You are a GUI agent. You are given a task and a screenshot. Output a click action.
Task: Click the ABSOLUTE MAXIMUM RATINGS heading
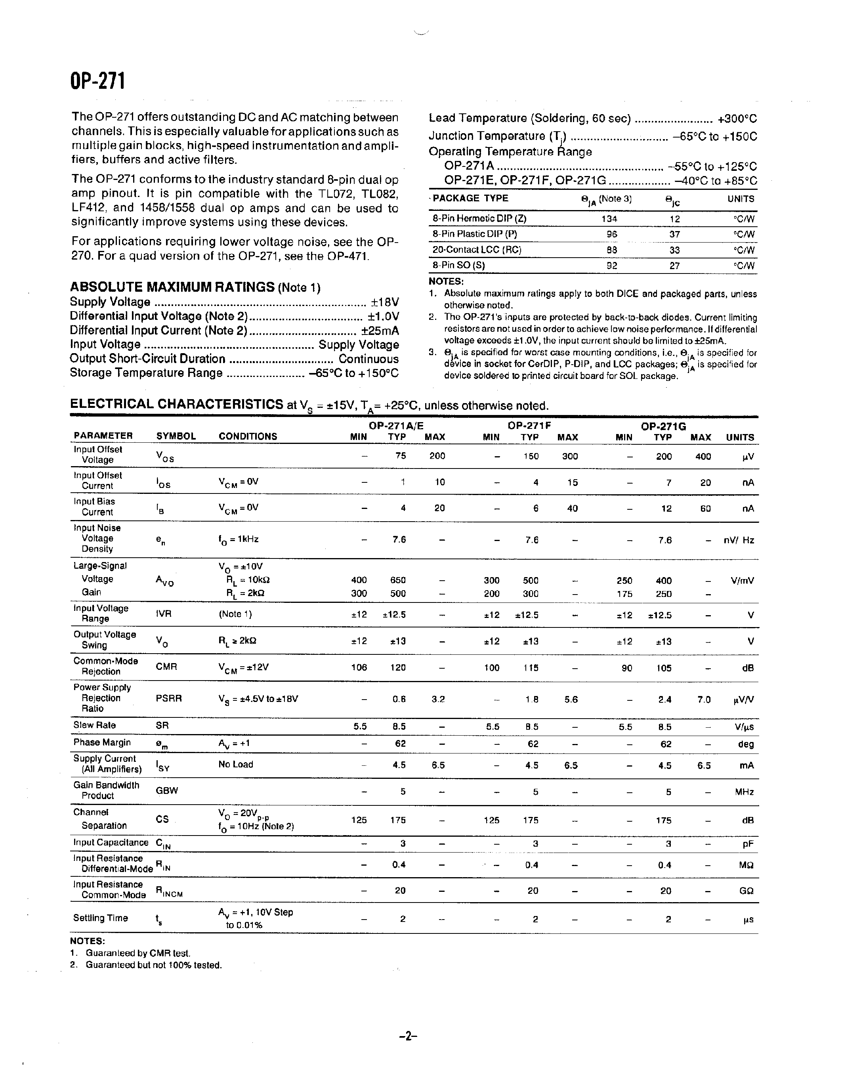[x=172, y=287]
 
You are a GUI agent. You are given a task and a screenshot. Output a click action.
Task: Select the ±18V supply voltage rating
[x=385, y=302]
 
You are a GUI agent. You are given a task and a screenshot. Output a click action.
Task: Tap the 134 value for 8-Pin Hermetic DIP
[x=609, y=219]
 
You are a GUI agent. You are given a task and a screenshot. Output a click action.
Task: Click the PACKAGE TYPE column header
[x=470, y=198]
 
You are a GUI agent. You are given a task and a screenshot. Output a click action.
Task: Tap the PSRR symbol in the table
[x=169, y=698]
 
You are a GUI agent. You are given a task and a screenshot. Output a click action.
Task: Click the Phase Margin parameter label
[x=102, y=742]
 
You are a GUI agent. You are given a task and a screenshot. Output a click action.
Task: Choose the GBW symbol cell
[x=166, y=791]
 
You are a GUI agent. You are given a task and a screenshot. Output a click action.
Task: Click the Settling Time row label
[x=100, y=918]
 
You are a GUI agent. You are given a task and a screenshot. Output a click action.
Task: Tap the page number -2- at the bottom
[x=408, y=1036]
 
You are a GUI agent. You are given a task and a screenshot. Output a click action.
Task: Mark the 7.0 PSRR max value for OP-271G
[x=703, y=700]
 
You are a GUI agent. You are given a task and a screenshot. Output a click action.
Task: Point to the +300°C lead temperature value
[x=737, y=119]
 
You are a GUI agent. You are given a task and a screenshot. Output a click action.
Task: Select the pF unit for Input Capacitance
[x=747, y=844]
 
